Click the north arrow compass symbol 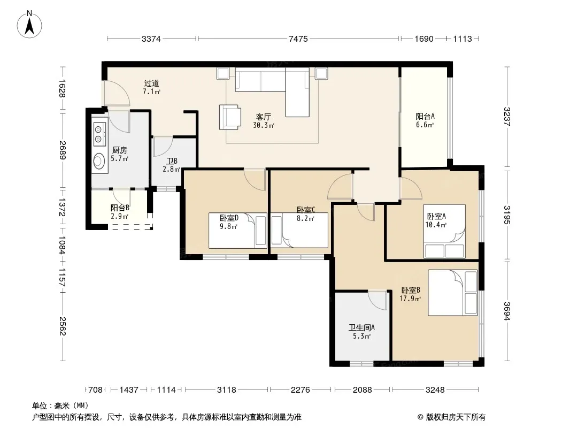[x=29, y=24]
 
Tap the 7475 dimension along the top [x=298, y=39]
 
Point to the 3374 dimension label [x=151, y=39]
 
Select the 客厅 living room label [x=264, y=117]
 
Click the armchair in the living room [x=230, y=117]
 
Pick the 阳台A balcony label [x=425, y=117]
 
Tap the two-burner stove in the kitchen [x=99, y=134]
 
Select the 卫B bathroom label [x=172, y=160]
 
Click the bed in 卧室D [x=238, y=231]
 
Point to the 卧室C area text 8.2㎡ [x=305, y=218]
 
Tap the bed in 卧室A [x=444, y=231]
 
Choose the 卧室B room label [x=411, y=290]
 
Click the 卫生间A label [x=361, y=327]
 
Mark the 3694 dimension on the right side [x=507, y=311]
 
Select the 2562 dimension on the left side [x=63, y=326]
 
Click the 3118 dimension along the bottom [x=227, y=390]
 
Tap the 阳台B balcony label [x=120, y=208]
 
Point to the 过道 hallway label [x=151, y=83]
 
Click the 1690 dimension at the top [x=424, y=39]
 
